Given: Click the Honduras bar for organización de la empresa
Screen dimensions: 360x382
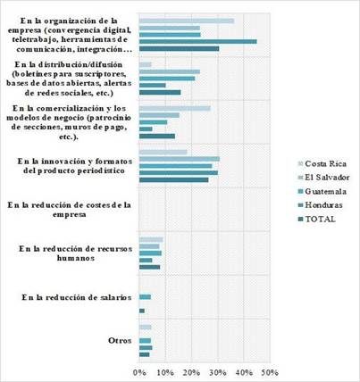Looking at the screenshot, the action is pos(198,42).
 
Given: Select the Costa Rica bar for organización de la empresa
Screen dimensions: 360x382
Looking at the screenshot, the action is pos(187,21).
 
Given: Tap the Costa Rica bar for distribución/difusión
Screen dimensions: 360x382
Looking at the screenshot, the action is pos(146,64).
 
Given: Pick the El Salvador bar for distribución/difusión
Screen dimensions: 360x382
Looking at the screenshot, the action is pos(170,71).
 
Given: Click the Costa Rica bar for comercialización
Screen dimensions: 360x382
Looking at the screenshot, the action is pos(175,108).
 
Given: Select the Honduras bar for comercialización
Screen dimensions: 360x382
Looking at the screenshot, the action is pos(146,129).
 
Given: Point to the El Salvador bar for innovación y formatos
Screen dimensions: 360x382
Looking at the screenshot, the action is pos(180,159).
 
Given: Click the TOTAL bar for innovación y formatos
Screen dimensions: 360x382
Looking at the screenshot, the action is pos(173,179).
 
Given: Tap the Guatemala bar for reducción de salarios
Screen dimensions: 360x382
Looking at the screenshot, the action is pos(145,297).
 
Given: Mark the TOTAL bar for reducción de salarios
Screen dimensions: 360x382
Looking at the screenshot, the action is pos(142,311).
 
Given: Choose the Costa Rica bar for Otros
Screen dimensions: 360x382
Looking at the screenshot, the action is pos(146,328).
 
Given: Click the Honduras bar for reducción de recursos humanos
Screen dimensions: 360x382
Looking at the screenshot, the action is pos(146,261).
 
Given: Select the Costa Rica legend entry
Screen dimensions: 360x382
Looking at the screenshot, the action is pos(322,163).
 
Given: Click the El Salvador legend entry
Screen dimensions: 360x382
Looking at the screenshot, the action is pos(324,178).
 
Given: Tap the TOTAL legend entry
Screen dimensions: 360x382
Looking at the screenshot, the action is pos(317,220).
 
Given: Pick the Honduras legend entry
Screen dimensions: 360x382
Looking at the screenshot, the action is pos(321,205).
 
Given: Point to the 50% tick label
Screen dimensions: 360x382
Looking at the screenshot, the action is pos(271,372).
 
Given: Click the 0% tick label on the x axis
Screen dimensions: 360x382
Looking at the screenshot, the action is pos(139,372).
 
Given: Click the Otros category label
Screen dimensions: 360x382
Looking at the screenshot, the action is pos(120,341).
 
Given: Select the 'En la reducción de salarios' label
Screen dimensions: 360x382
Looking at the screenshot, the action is pos(77,297).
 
